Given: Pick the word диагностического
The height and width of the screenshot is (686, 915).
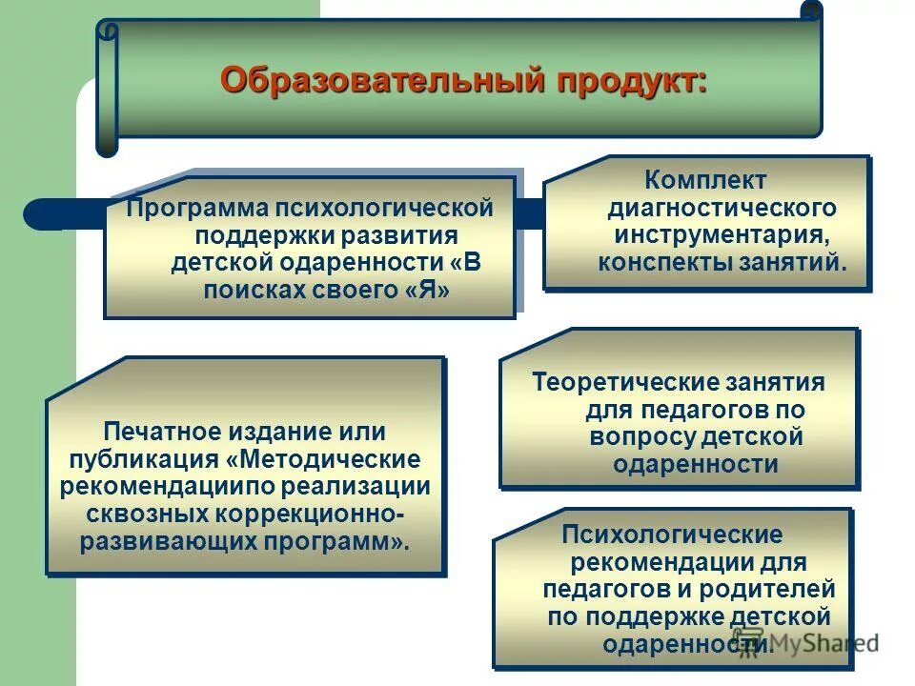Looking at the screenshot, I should [722, 207].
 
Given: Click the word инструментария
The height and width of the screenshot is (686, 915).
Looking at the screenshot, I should [721, 234].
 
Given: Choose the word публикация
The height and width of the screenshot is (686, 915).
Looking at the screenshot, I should [144, 459].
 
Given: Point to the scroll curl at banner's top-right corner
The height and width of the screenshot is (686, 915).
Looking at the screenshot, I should [810, 10].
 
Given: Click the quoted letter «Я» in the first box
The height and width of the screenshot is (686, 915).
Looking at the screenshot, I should [424, 291].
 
